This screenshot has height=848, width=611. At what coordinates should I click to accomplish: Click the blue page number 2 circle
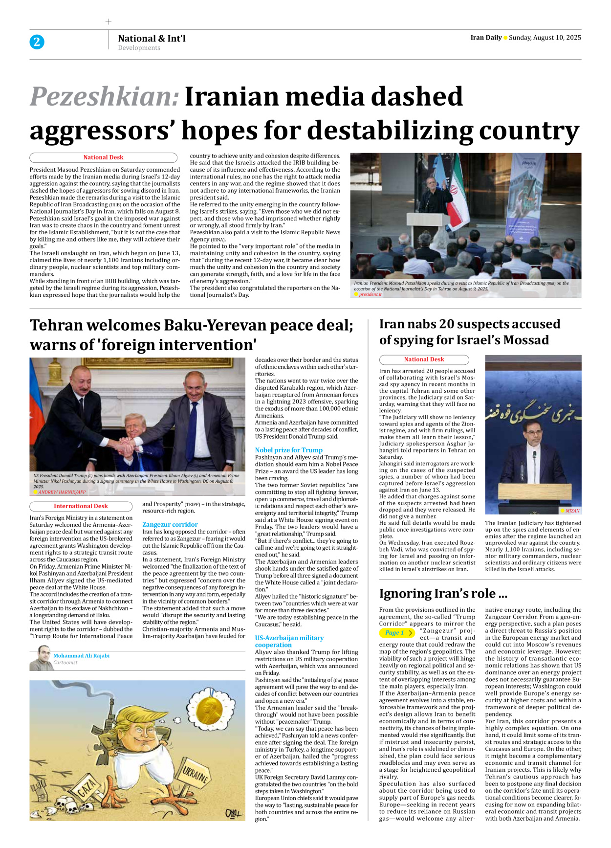coord(37,42)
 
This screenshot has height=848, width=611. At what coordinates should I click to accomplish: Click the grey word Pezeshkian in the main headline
coord(105,96)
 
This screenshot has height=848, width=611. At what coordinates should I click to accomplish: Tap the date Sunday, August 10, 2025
coord(545,38)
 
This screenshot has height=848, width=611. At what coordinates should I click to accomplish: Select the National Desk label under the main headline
coord(103,157)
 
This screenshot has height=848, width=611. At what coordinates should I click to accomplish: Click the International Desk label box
coord(81,506)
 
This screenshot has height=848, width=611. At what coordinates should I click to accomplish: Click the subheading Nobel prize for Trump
coord(288,450)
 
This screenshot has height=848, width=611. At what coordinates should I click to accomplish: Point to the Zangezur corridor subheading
coord(170,524)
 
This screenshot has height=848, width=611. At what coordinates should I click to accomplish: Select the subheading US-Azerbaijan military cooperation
coord(289,641)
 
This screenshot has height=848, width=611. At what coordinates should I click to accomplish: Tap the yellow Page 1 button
coord(396,633)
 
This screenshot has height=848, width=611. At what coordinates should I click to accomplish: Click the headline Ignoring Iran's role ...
coord(443,594)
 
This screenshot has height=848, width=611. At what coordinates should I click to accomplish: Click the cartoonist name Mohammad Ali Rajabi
coord(81,656)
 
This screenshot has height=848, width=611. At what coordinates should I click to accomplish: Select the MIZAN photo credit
coord(572,511)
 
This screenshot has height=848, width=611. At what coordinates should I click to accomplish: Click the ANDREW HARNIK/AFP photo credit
coord(62,492)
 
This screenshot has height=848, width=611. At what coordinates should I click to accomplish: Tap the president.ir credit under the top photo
coord(370,294)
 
